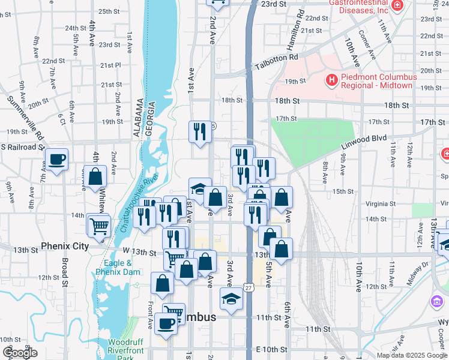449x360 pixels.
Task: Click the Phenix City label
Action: point(64,246)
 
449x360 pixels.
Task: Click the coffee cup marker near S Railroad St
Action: point(57,160)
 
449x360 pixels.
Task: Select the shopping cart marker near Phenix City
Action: point(100,226)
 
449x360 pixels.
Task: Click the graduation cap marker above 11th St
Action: point(231,298)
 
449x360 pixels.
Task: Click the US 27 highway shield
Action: point(248,289)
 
